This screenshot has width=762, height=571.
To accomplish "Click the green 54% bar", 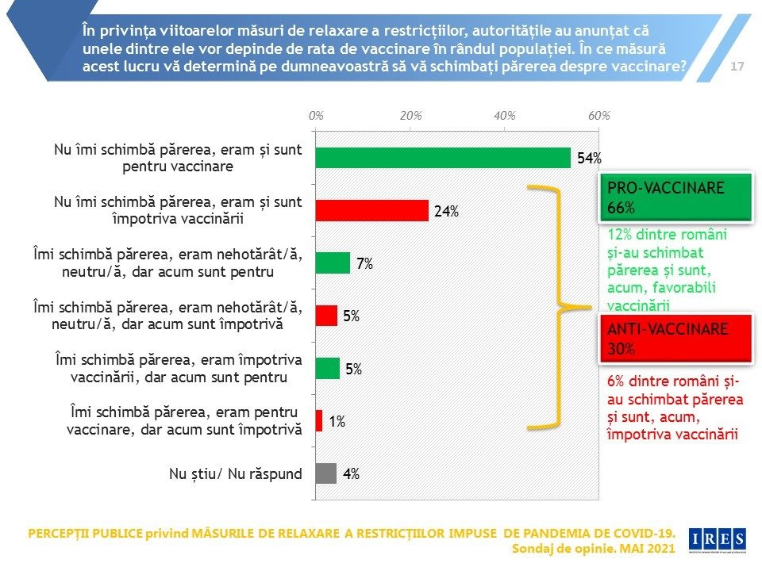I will [443, 158].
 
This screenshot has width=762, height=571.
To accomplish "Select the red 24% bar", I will [372, 210].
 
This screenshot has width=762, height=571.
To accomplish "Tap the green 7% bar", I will [333, 263].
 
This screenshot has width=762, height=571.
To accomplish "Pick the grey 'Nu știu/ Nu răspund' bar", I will [326, 473].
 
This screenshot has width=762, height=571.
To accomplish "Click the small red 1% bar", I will [319, 421].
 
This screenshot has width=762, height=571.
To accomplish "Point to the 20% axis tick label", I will [410, 116].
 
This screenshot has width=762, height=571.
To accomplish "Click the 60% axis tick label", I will [598, 116].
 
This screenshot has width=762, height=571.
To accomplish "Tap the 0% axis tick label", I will [316, 116].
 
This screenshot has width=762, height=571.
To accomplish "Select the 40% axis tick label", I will [505, 116].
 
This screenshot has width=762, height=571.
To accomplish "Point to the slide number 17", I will [737, 67].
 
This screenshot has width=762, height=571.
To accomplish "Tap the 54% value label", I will [589, 159].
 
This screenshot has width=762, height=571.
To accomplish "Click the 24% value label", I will [447, 212].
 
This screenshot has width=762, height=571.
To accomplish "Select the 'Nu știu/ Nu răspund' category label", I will [236, 474].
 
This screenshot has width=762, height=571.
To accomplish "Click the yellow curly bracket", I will [562, 308].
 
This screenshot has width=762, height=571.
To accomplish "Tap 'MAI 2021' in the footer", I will [648, 548].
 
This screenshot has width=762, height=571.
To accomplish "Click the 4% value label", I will [351, 474].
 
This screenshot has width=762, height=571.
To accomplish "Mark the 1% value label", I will [337, 422].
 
